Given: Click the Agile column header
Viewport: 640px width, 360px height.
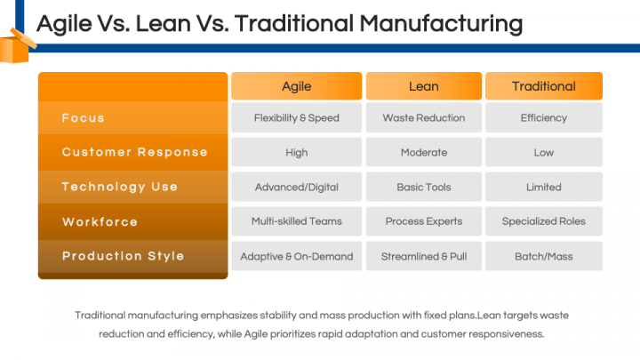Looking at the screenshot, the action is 296,86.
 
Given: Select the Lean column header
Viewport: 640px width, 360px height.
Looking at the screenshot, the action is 424,86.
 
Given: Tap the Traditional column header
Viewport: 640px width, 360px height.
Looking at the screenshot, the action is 544,86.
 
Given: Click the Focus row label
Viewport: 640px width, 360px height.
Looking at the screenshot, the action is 84,118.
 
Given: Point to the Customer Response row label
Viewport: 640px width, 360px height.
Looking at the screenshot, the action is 135,152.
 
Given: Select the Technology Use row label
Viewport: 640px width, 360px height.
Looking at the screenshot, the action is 120,187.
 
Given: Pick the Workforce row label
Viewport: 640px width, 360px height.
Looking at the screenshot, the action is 100,221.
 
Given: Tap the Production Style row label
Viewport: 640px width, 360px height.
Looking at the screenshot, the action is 123,256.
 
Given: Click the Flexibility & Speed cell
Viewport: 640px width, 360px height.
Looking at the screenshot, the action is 296,117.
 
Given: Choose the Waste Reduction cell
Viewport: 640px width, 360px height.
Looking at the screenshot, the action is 424,117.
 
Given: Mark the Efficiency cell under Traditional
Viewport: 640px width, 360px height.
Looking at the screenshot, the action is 544,117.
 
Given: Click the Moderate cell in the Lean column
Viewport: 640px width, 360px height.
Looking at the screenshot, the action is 424,152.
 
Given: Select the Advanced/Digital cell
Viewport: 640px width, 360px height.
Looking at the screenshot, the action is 296,187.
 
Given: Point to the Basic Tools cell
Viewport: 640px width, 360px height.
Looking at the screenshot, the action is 424,187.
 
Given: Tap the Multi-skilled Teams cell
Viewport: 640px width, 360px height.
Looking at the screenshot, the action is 296,221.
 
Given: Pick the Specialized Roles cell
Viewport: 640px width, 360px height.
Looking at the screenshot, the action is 544,221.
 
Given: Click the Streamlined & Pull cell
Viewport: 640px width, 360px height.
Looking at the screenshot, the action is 424,256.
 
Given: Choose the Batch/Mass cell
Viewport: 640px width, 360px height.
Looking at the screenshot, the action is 544,256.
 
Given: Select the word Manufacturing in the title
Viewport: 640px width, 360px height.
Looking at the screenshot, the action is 441,23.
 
